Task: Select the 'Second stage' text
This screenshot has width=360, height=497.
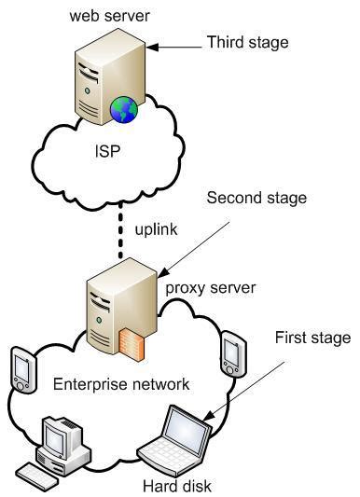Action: pyautogui.click(x=256, y=199)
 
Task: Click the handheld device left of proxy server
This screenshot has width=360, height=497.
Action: pyautogui.click(x=22, y=369)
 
